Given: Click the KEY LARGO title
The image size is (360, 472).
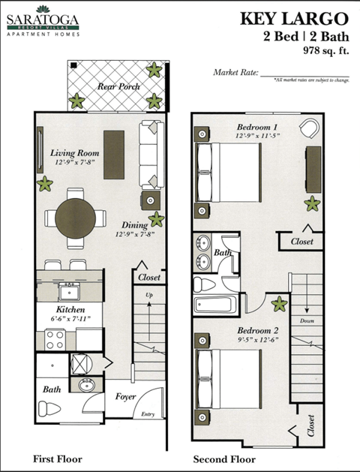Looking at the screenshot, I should coord(295,19).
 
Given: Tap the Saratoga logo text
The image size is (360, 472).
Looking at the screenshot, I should coord(44,17).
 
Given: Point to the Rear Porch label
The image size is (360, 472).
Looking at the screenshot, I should coord(118,86).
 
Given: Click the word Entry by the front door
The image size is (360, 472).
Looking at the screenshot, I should coord(148,413).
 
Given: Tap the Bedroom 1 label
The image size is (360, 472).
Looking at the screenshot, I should coord(257,126).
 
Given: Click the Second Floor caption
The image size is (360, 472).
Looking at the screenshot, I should coord(224,459).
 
